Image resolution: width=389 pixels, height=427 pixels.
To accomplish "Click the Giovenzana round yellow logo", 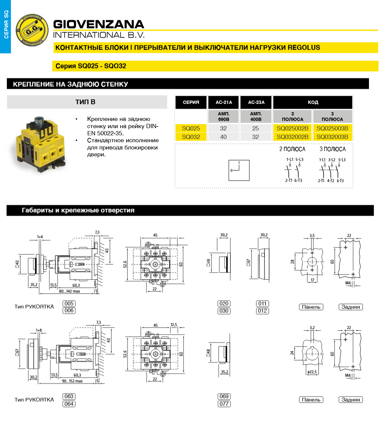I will [x=32, y=30].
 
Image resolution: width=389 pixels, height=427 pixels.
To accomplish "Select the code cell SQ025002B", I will [x=292, y=128].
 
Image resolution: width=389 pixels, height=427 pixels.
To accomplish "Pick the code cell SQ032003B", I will [x=332, y=137].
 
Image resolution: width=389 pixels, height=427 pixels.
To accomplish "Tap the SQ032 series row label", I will [x=191, y=137].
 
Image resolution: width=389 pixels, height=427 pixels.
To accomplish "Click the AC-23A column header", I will [x=256, y=102].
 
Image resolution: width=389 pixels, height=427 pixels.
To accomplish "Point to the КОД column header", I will [x=313, y=102].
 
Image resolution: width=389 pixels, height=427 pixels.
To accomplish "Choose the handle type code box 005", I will [x=69, y=303].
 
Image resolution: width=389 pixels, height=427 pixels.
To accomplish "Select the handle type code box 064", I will [x=69, y=404].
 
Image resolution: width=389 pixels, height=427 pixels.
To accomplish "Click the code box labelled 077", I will [x=224, y=404].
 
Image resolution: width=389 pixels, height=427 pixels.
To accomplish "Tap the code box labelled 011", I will [x=263, y=303].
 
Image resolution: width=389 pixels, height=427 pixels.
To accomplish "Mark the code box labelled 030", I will [x=224, y=311].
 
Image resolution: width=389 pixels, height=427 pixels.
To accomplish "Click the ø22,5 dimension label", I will [x=312, y=372].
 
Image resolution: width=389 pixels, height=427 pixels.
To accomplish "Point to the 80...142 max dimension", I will [x=69, y=291].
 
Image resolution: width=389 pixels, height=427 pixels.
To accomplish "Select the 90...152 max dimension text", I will [x=72, y=381].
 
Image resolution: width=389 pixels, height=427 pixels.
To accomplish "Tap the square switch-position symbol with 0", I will [x=239, y=170].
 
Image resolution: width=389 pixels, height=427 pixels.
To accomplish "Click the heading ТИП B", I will [x=85, y=102].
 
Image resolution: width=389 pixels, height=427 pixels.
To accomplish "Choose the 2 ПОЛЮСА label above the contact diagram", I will [x=292, y=149].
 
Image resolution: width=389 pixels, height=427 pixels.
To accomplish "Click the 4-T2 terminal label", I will [x=331, y=181].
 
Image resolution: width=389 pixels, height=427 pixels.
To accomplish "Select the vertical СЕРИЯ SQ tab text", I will [x=6, y=25].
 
